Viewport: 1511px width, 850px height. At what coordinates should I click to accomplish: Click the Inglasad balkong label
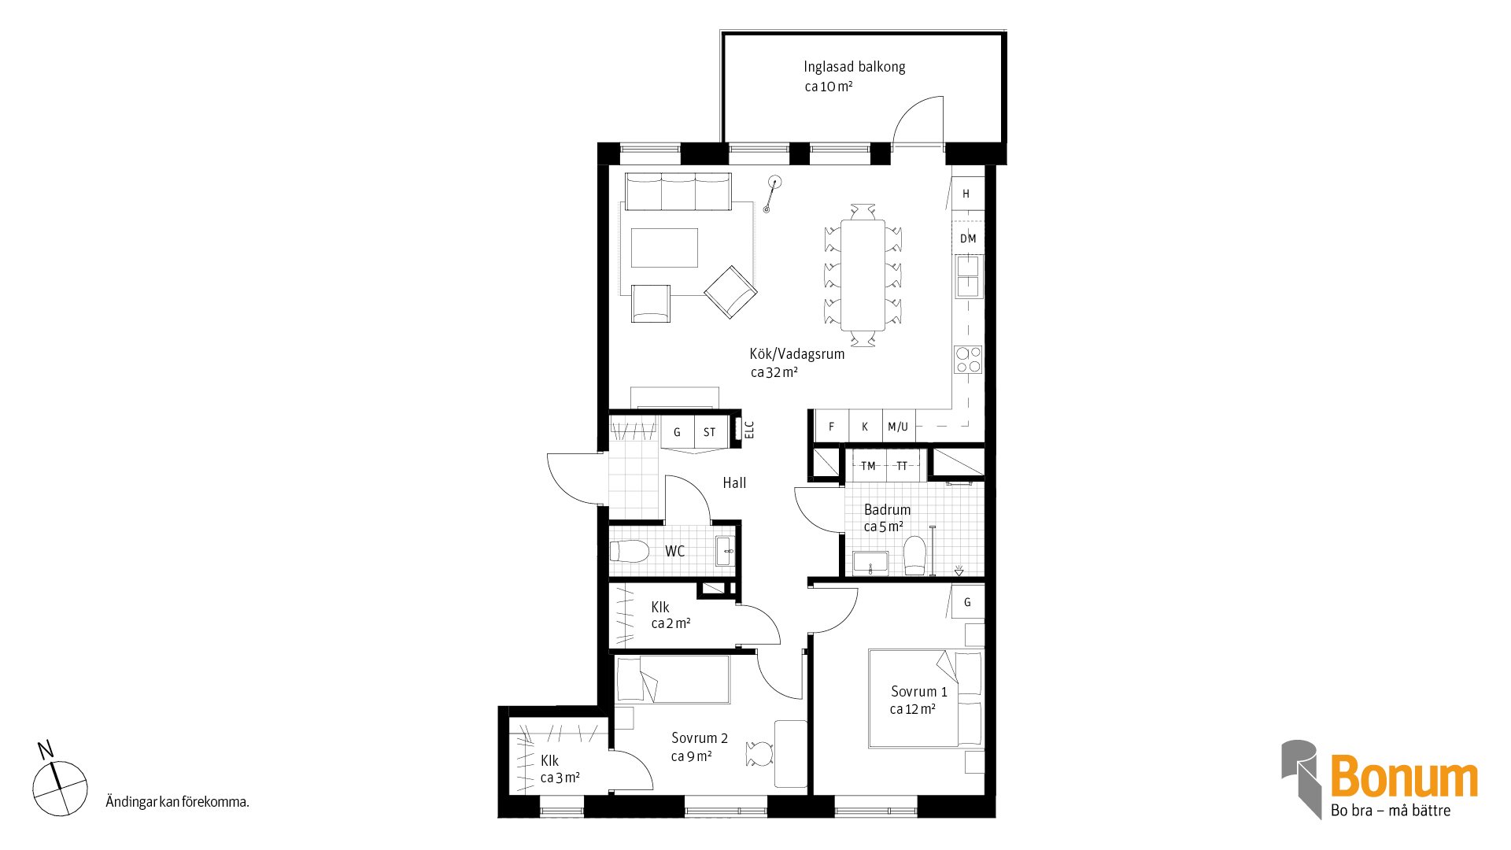click(x=854, y=67)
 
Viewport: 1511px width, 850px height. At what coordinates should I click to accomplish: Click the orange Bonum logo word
click(x=1404, y=777)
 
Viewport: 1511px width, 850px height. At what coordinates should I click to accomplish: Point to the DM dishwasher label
click(x=968, y=238)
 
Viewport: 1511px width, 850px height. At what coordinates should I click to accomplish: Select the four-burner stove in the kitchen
click(x=968, y=360)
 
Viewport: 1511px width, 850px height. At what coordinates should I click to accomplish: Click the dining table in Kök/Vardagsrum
click(x=863, y=275)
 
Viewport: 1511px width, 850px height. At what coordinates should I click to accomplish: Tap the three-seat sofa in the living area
click(x=678, y=192)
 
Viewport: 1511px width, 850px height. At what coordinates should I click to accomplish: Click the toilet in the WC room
click(x=630, y=551)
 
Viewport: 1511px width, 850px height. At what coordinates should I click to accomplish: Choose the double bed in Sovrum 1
click(x=925, y=698)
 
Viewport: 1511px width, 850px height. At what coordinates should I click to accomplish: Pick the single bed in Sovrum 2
click(x=673, y=679)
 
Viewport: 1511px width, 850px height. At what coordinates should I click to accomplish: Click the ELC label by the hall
click(x=749, y=430)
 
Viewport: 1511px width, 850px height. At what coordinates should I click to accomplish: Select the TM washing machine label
click(x=868, y=466)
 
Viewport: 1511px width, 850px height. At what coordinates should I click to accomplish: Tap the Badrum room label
click(x=887, y=509)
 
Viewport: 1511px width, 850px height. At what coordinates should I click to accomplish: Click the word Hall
click(x=734, y=482)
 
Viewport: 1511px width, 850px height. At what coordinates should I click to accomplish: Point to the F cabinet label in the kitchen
click(x=831, y=427)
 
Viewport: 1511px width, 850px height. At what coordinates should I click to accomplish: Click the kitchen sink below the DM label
click(x=968, y=275)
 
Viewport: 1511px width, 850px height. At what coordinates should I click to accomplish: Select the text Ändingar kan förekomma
click(x=177, y=802)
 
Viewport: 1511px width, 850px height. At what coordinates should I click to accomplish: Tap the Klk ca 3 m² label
click(x=560, y=769)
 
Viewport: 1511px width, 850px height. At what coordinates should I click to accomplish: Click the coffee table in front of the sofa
click(x=664, y=248)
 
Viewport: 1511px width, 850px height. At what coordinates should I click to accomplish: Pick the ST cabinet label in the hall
click(x=710, y=432)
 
